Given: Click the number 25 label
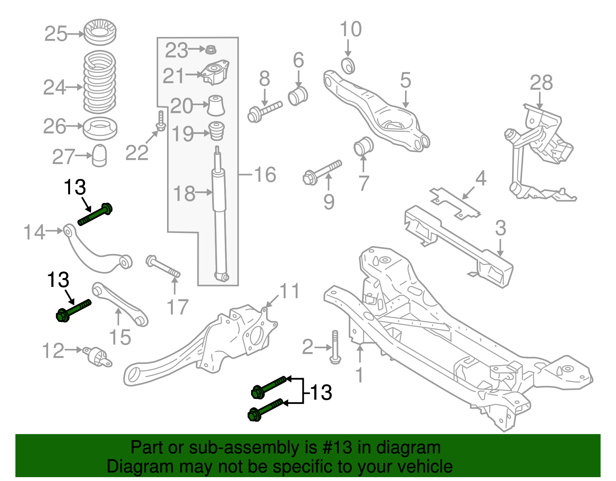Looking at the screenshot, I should [x=56, y=34].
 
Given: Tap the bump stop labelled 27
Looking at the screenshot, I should [x=99, y=156].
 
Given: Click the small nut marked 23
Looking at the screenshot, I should [x=210, y=50].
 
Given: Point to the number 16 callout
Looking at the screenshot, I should [x=265, y=175].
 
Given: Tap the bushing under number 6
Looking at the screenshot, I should [x=298, y=96].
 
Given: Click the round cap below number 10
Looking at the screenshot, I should [x=348, y=65].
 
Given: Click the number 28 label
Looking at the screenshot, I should [x=541, y=83].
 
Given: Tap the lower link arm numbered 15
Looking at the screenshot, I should [x=119, y=305].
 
